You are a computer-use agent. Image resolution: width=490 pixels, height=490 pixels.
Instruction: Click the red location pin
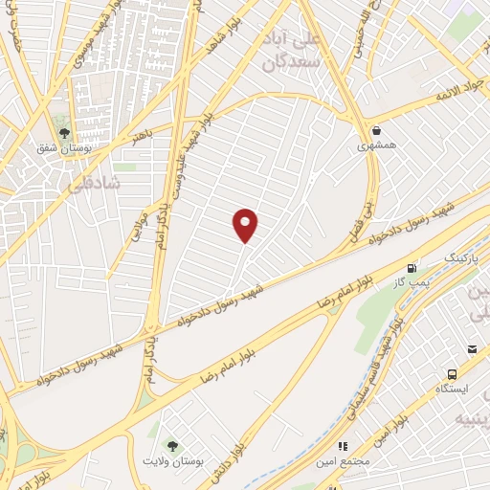click(x=246, y=225)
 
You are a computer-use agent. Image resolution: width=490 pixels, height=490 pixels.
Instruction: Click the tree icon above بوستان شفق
click(x=64, y=133)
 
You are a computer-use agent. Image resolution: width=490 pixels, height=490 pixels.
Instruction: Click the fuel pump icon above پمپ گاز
click(x=412, y=269)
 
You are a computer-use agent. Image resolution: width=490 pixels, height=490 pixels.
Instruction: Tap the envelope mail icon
click(x=473, y=350)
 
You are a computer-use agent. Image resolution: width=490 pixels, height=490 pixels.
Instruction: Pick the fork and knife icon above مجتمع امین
click(x=342, y=445)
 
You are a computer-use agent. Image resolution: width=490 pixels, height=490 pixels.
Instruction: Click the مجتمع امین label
click(x=344, y=462)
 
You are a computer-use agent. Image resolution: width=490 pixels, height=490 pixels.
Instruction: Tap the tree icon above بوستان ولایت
click(x=172, y=444)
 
